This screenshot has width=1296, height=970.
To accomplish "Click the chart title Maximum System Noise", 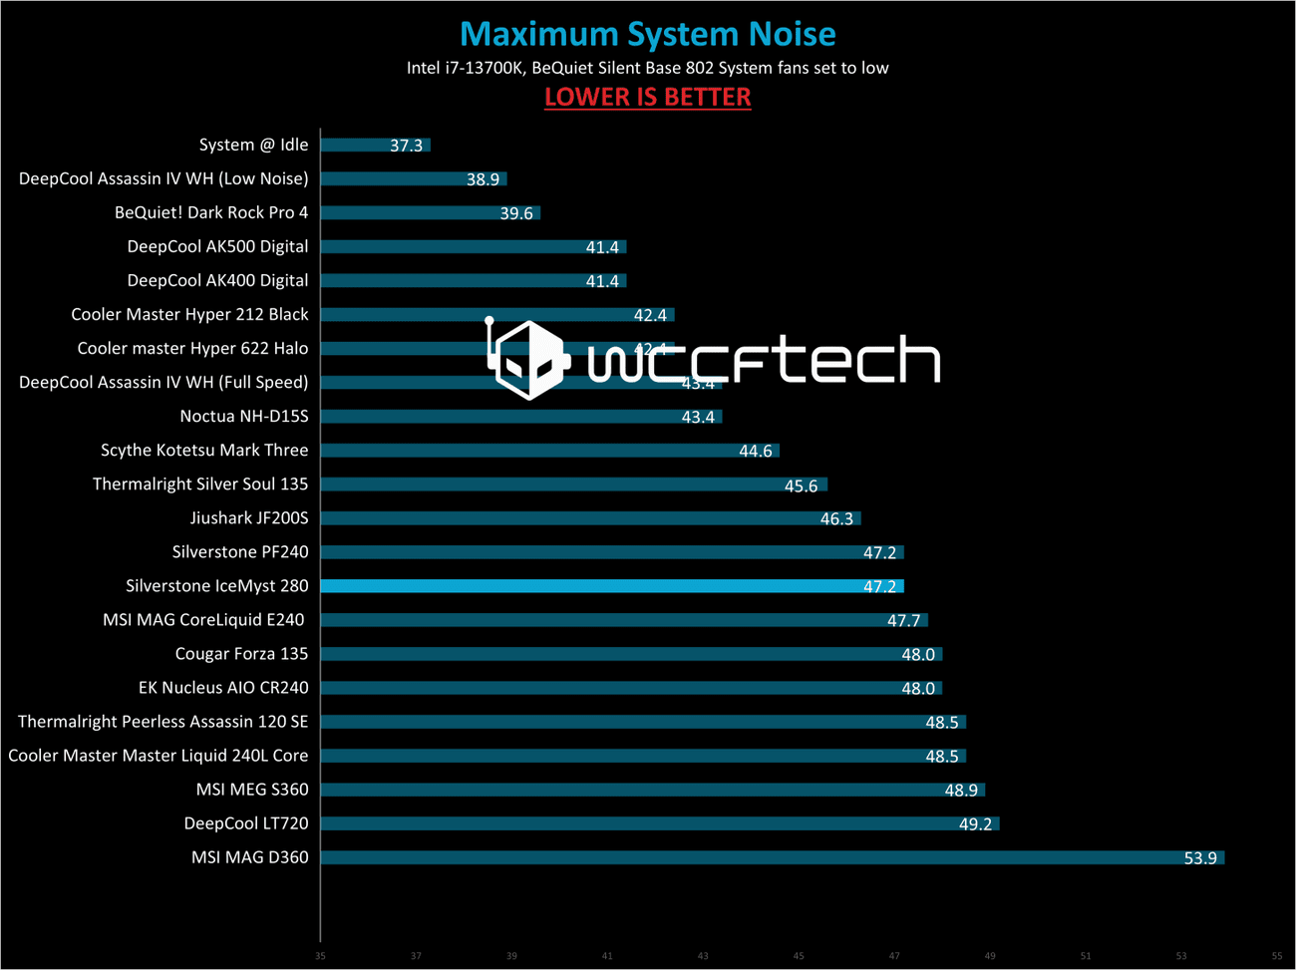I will click(x=647, y=34).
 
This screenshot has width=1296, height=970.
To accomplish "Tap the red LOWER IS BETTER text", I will click(x=647, y=97).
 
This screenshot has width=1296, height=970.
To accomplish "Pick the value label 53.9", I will click(x=1199, y=858).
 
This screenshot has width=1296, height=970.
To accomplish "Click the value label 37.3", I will click(x=406, y=146).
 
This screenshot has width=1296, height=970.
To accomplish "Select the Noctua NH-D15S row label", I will click(x=244, y=417).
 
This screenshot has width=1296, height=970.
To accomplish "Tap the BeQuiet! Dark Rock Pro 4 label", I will click(x=211, y=212).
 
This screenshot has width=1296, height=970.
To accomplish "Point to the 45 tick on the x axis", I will click(x=799, y=956).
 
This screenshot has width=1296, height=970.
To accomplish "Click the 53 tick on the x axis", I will click(x=1181, y=956).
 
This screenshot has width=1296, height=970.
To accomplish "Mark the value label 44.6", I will click(x=755, y=452).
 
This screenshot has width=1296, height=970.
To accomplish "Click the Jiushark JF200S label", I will click(x=249, y=518).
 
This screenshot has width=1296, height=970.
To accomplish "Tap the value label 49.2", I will click(x=975, y=824).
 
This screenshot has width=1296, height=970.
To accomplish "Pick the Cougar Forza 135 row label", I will click(x=241, y=654).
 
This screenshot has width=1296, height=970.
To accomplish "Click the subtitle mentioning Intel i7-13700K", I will click(x=647, y=68).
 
